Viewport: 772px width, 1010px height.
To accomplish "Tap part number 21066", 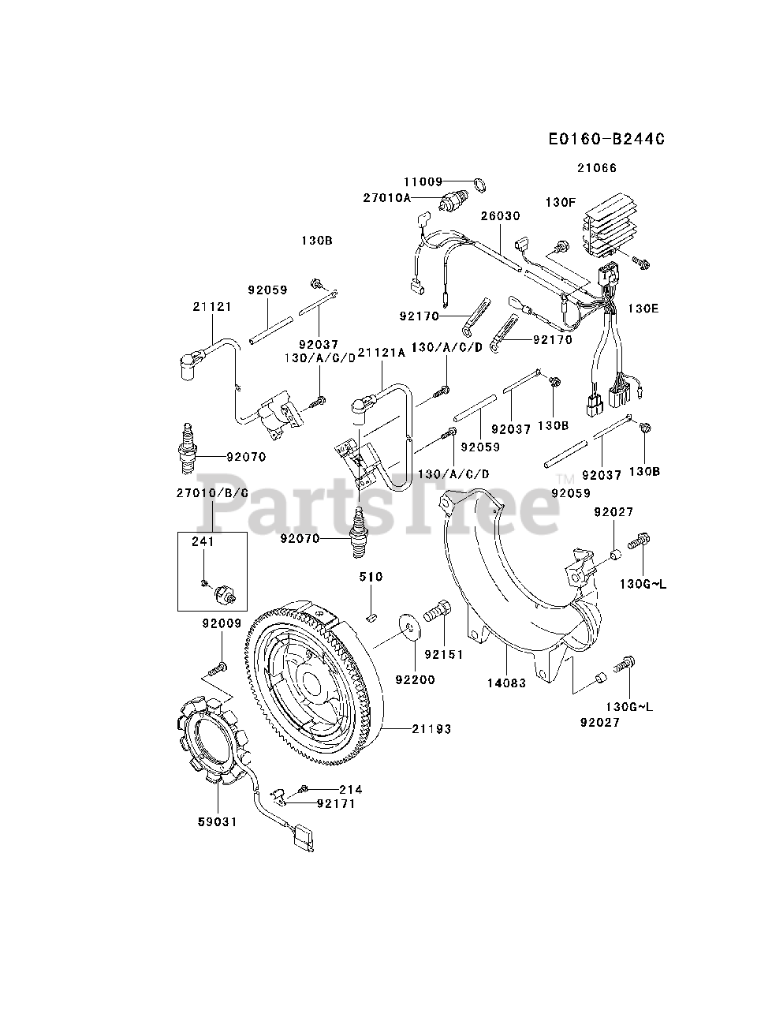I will pos(596,168).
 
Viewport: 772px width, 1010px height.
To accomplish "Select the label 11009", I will pos(423,181).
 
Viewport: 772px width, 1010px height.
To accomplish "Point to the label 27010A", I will pos(386,198).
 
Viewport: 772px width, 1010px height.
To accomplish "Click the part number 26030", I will pos(500,215).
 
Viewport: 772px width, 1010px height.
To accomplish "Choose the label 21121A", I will pos(381,353).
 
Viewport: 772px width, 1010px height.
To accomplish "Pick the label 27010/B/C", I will pos(212,493).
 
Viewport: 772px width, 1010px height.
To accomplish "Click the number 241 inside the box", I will pos(203,542).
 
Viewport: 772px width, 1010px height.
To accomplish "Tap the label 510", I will pos(371,577).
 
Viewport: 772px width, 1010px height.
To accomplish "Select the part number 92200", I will pos(415,679).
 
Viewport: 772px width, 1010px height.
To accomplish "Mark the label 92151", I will pos(443,654).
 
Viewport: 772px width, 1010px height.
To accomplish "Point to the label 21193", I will pos(431,729).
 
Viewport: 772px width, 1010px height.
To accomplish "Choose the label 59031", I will pos(218,821).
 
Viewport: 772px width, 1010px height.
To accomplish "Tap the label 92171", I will pos(336,803).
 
